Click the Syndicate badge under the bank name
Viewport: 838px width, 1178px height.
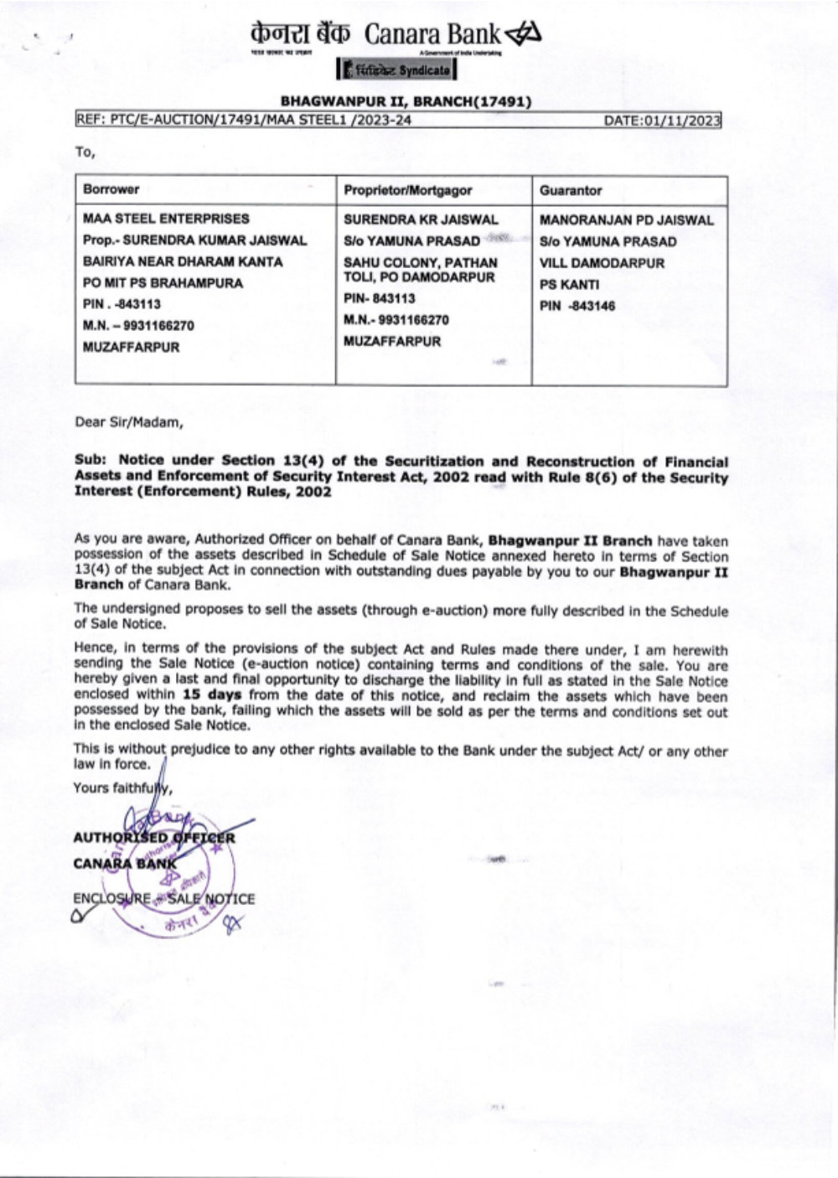tap(396, 70)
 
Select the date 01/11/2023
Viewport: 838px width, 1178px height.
tap(662, 121)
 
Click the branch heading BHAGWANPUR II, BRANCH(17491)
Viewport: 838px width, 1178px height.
tap(406, 102)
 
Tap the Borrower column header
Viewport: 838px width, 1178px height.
tap(111, 189)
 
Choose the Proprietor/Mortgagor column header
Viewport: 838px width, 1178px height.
tap(408, 190)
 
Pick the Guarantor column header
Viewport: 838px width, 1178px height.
tap(571, 190)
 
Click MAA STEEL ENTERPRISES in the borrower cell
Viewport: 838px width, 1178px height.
tap(166, 219)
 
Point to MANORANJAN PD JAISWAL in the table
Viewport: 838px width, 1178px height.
tap(627, 220)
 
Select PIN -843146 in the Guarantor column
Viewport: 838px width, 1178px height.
tap(577, 306)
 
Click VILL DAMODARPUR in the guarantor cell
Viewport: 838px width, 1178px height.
tap(602, 263)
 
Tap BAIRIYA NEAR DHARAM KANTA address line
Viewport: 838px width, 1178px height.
tap(183, 261)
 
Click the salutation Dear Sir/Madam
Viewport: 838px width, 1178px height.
tap(128, 422)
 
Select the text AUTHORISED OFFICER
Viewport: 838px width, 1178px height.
tap(154, 837)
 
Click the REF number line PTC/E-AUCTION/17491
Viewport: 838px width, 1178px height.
tap(243, 121)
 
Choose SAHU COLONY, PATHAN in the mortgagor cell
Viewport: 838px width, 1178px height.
tap(421, 262)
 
